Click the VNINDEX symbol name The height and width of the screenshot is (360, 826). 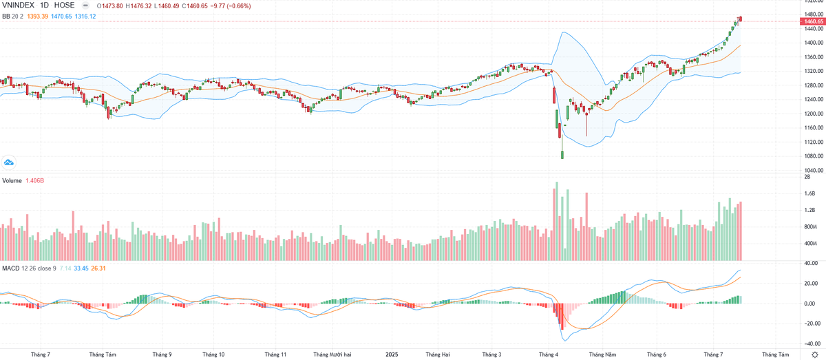pyautogui.click(x=19, y=6)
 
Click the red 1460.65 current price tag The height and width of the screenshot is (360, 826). pyautogui.click(x=811, y=22)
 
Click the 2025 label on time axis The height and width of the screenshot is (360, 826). pyautogui.click(x=390, y=354)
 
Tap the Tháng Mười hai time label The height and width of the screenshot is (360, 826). pyautogui.click(x=333, y=354)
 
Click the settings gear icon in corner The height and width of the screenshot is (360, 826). pyautogui.click(x=814, y=354)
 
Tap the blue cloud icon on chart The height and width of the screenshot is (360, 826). pyautogui.click(x=9, y=162)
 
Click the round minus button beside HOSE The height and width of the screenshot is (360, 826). pyautogui.click(x=85, y=6)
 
